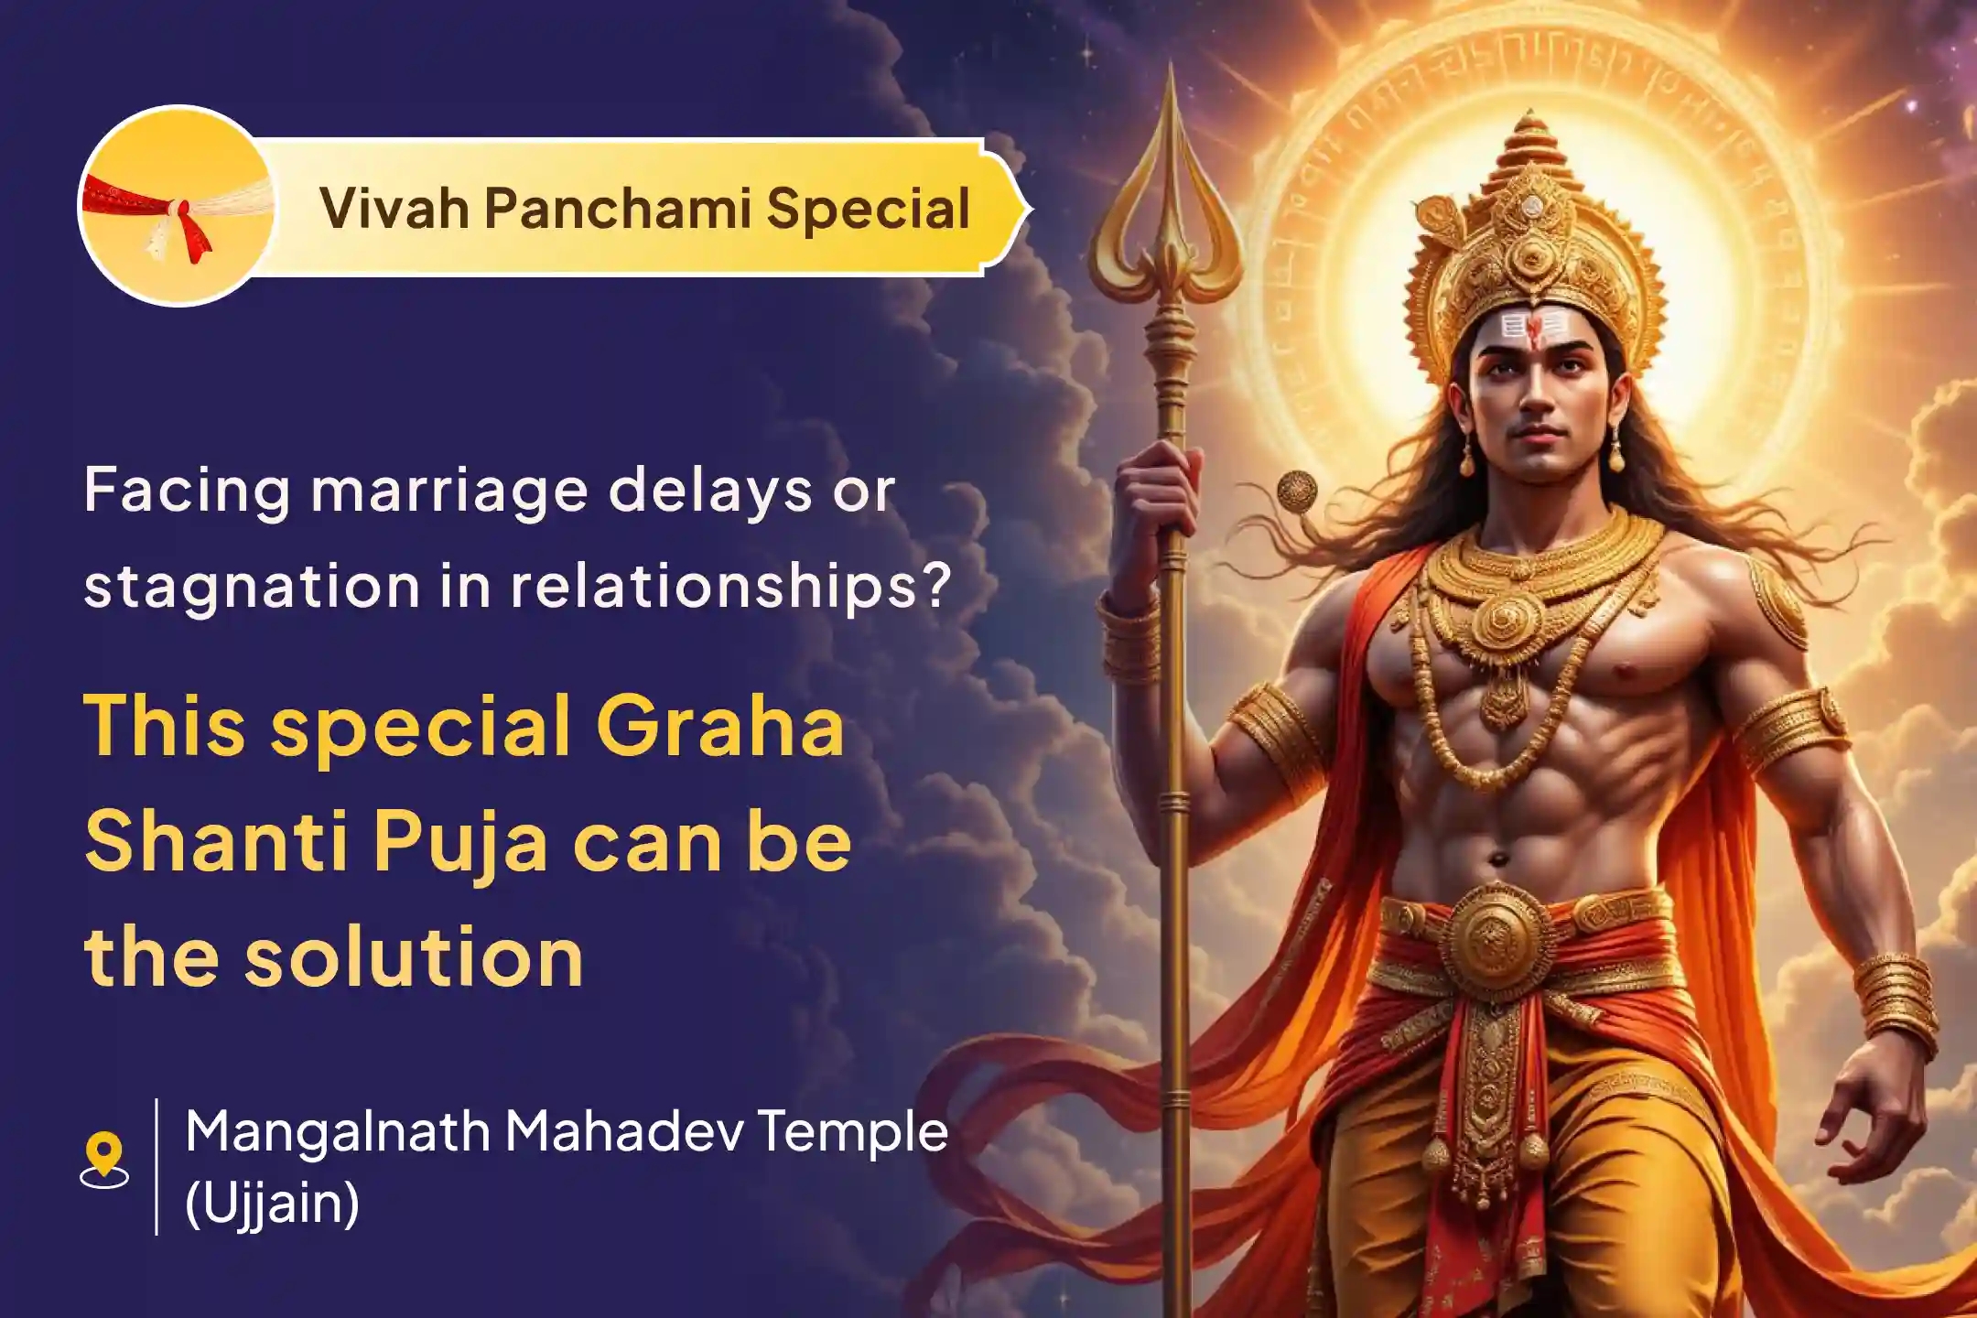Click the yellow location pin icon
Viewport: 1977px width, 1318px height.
point(104,1155)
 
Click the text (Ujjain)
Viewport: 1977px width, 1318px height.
point(272,1203)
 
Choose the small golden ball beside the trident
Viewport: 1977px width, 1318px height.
point(1297,491)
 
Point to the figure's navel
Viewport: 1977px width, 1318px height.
point(1498,859)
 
